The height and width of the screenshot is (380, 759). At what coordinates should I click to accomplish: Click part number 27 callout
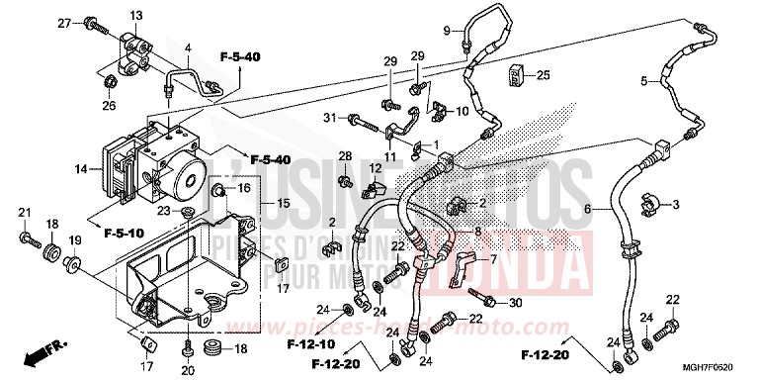(x=65, y=22)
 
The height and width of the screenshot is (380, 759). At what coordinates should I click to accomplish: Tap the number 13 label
(x=135, y=14)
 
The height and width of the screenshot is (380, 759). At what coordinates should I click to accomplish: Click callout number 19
(x=75, y=240)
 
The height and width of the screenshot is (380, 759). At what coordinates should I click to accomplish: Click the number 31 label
(x=328, y=119)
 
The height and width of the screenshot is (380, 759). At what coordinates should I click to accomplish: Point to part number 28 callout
(x=345, y=156)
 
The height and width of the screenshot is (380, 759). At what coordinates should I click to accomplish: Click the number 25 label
(x=543, y=75)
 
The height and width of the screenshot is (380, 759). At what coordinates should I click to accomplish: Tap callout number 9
(x=445, y=29)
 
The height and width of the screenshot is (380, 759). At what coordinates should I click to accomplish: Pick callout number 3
(x=677, y=205)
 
